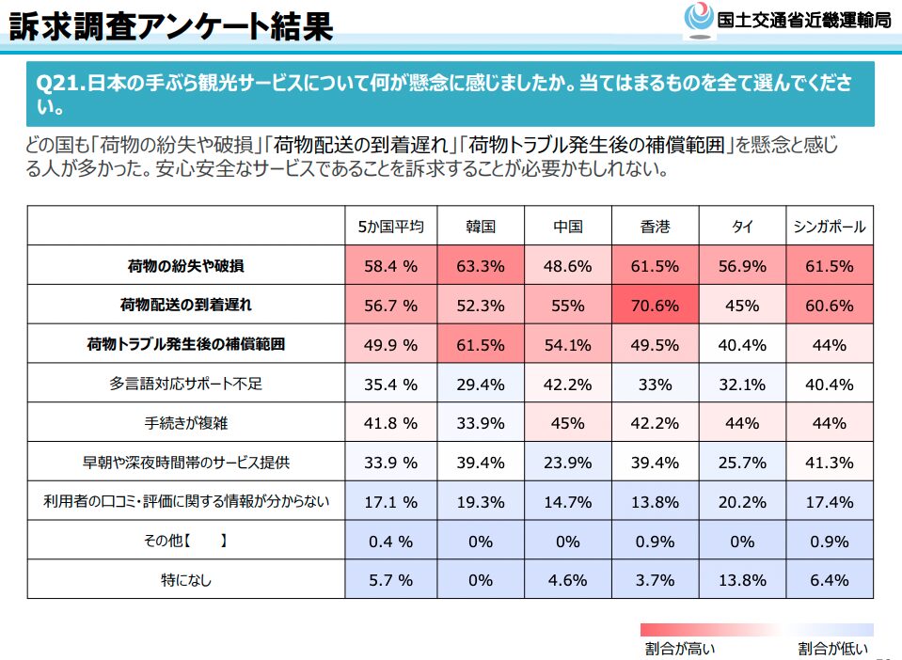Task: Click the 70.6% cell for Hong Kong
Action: (655, 306)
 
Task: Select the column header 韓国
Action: (480, 227)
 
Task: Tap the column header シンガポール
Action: (829, 227)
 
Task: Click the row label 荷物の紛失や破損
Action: (186, 266)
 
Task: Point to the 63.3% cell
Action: (480, 266)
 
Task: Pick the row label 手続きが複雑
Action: (186, 423)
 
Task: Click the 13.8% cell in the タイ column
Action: (742, 580)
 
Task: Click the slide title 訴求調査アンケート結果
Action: (170, 25)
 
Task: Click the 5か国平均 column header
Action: (390, 227)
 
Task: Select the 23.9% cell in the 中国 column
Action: (567, 463)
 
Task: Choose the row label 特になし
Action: (186, 580)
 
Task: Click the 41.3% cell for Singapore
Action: (829, 463)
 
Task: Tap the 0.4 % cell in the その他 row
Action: (390, 541)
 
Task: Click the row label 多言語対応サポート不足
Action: (186, 384)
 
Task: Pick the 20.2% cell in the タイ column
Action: (742, 501)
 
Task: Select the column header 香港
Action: (655, 227)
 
